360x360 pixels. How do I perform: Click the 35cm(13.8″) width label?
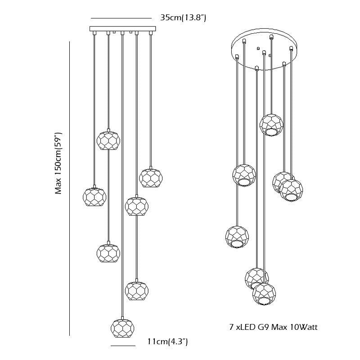coord(183,18)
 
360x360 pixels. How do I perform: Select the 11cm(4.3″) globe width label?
coord(167,342)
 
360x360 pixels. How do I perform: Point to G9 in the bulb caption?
coord(261,327)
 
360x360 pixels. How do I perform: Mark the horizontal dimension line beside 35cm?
coord(121,18)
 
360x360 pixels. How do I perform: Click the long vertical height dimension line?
coord(70,189)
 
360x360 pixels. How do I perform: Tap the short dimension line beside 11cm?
coord(123,346)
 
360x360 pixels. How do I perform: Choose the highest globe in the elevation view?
coord(108,140)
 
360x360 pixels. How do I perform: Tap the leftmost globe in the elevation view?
coord(94,197)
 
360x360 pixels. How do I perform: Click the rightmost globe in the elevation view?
coord(150,177)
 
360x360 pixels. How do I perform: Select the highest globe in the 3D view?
coord(271,124)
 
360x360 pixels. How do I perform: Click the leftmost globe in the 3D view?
coord(237,236)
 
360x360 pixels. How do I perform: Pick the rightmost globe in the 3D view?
coord(291,190)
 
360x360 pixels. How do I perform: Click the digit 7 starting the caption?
coord(231,327)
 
